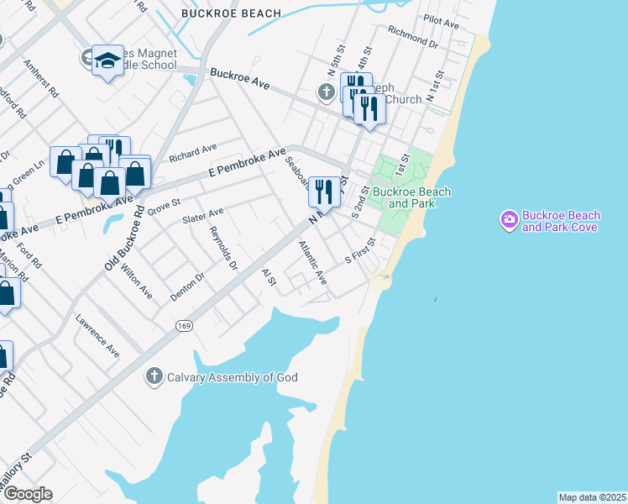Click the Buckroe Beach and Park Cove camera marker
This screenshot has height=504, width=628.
tap(509, 221)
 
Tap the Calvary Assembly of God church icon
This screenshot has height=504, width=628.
tap(154, 376)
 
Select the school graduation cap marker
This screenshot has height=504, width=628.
tap(107, 61)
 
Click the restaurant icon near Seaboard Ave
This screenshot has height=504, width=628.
tap(323, 191)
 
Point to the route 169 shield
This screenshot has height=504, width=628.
tap(182, 324)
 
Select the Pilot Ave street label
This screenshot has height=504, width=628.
tap(441, 21)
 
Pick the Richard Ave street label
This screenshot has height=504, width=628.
tap(192, 153)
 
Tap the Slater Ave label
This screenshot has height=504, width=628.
tap(202, 217)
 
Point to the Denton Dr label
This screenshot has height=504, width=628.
tap(187, 286)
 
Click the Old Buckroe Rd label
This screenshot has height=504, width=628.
tap(123, 239)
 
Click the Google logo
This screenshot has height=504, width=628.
tap(27, 494)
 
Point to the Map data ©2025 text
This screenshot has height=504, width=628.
tap(592, 497)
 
